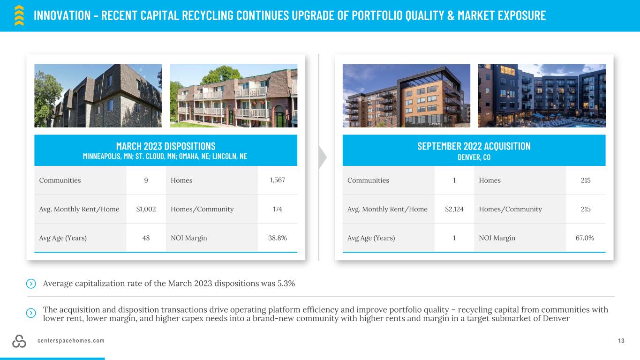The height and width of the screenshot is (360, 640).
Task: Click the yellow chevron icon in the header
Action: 19,15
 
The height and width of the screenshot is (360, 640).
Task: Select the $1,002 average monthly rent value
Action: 146,209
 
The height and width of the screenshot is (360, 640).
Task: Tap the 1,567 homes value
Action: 278,180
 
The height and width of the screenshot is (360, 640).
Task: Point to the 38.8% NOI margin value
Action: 278,238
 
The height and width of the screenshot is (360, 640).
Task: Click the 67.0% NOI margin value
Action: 585,238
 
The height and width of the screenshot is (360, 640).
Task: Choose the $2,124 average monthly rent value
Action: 454,209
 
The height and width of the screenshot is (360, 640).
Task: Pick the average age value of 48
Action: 146,238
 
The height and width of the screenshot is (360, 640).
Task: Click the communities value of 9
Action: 146,180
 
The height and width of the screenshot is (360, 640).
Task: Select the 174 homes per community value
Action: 278,209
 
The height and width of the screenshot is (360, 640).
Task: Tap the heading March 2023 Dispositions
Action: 166,146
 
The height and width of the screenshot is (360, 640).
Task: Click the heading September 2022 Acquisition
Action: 474,146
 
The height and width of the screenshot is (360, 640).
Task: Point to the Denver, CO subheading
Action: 474,157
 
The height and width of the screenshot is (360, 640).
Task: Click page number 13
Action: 621,341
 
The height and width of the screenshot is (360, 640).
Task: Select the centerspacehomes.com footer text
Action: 71,341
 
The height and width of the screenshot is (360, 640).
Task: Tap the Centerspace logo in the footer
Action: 19,341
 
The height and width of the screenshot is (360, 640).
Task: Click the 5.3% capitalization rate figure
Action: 286,284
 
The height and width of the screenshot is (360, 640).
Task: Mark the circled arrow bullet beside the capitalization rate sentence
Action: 31,284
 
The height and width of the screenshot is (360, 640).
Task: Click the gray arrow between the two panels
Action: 323,157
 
